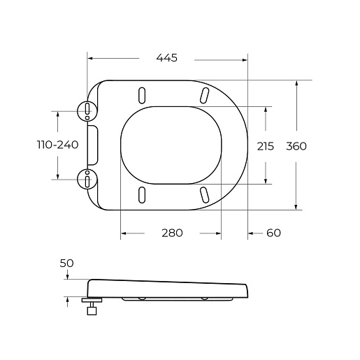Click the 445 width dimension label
tap(166, 58)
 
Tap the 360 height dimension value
tap(296, 146)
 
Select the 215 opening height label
tap(266, 146)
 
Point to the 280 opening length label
tap(172, 233)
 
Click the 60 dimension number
tap(273, 233)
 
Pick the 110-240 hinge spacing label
tap(58, 145)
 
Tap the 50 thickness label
tap(66, 264)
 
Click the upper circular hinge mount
tap(87, 111)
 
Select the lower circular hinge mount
tap(87, 179)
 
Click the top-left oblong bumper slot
tap(142, 95)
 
